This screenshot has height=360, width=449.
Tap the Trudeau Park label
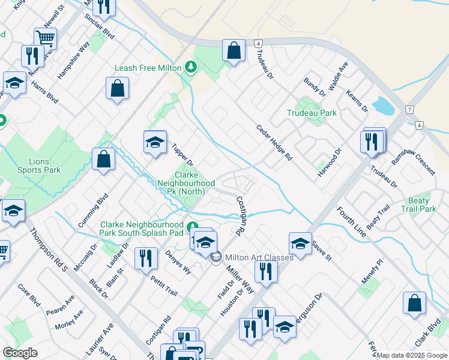[312, 113]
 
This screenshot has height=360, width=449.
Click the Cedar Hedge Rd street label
[274, 143]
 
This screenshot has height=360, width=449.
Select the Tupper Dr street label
[182, 155]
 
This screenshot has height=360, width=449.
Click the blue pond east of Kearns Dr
[382, 106]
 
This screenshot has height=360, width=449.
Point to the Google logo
[20, 353]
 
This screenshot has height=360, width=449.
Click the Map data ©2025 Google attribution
[412, 355]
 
